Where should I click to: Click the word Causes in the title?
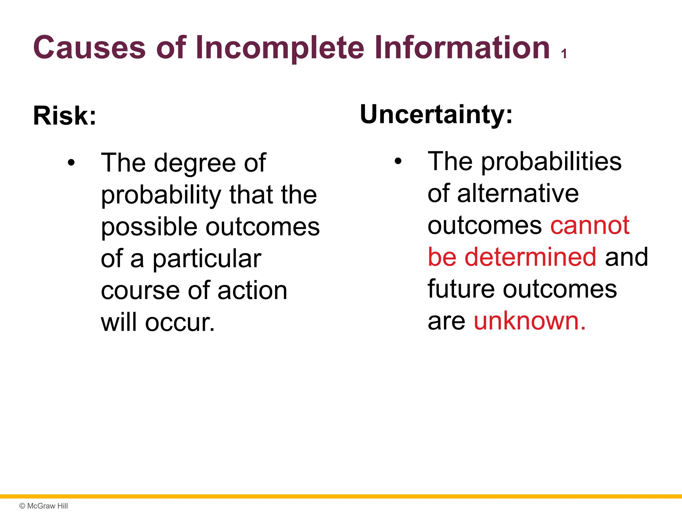[89, 48]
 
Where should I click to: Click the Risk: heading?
[65, 116]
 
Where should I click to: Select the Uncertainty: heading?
[436, 114]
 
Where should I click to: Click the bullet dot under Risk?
[71, 163]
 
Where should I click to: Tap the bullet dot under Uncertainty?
[398, 162]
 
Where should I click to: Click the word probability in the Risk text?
[161, 195]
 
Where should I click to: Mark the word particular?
[207, 259]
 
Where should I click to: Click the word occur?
[180, 323]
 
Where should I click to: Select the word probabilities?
[551, 162]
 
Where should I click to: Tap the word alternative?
[518, 194]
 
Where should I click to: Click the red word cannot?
[590, 226]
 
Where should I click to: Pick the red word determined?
[530, 257]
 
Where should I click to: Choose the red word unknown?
[529, 321]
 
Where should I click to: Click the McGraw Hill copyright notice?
[44, 506]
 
